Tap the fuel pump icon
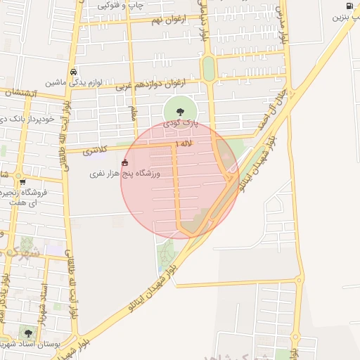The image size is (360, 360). coord(349,6)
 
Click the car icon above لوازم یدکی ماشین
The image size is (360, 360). coord(73,72)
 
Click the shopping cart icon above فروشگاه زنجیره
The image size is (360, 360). coord(22,182)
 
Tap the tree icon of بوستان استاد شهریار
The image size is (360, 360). coord(28,333)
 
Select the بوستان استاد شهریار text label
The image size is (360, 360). coord(32,345)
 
